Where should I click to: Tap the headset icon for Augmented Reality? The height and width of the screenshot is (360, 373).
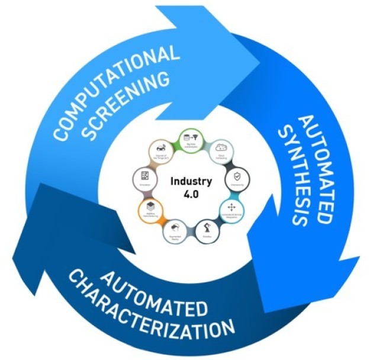[x=175, y=228]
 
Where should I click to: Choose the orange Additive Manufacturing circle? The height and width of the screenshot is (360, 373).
[x=149, y=208]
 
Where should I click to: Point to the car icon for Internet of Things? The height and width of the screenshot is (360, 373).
[x=160, y=147]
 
